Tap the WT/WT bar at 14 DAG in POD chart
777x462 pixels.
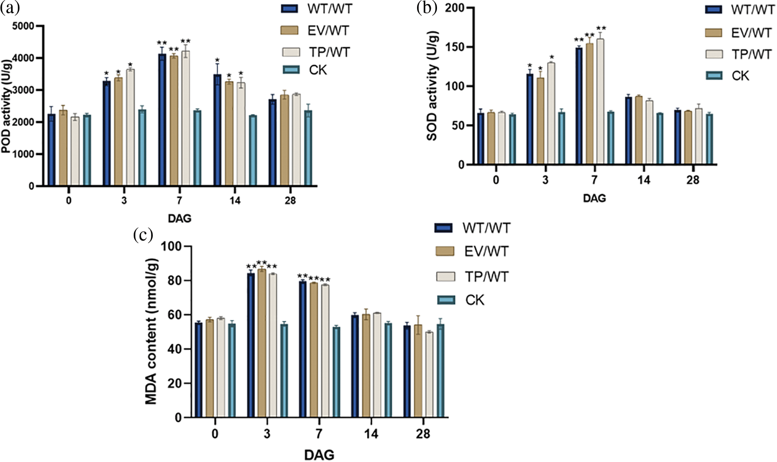tap(217, 130)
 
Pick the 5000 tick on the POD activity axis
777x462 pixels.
tap(23, 26)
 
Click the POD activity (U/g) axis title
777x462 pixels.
tap(6, 106)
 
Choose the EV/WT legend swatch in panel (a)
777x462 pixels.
tap(290, 31)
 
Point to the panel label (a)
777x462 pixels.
tap(9, 8)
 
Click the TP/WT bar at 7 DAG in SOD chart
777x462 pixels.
tap(600, 102)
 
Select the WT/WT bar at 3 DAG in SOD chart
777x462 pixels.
tap(530, 119)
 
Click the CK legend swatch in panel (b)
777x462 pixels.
tap(713, 76)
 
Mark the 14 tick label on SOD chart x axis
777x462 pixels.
tap(644, 180)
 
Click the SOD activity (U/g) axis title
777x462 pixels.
tap(432, 86)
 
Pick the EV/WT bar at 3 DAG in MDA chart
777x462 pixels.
tap(262, 343)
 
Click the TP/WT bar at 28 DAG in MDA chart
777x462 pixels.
tap(429, 374)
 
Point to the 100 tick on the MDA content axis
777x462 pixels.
tap(171, 246)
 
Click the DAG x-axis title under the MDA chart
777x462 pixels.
tap(319, 454)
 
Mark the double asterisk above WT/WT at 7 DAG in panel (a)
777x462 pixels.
tap(162, 43)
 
